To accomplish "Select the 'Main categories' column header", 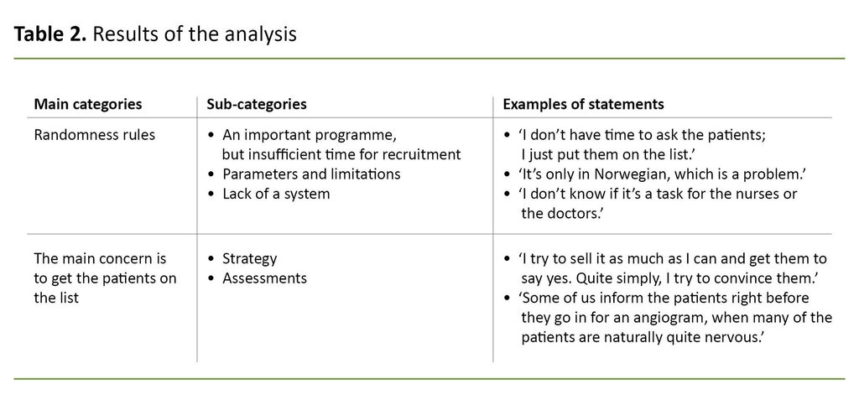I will pyautogui.click(x=87, y=105).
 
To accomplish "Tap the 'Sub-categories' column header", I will pyautogui.click(x=256, y=105).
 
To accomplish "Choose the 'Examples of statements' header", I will pyautogui.click(x=583, y=105).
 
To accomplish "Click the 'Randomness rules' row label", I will pyautogui.click(x=94, y=135).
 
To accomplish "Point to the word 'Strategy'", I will pyautogui.click(x=249, y=258).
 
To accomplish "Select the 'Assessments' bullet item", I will pyautogui.click(x=264, y=278).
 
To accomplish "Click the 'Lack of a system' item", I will pyautogui.click(x=276, y=194).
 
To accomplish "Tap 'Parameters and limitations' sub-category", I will pyautogui.click(x=311, y=174).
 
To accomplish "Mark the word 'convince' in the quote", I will pyautogui.click(x=752, y=278).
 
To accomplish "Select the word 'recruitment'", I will pyautogui.click(x=422, y=154).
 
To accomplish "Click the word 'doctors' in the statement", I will pyautogui.click(x=576, y=214).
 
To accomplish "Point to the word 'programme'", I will pyautogui.click(x=362, y=135).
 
